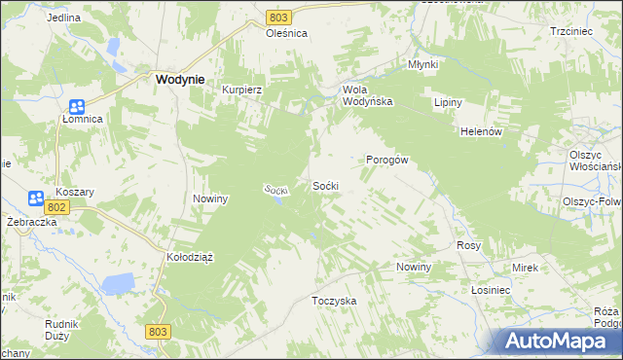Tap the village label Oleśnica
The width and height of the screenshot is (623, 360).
point(286,32)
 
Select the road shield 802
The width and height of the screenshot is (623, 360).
point(56,207)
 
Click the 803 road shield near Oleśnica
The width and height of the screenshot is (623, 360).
point(279,18)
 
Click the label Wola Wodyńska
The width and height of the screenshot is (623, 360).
point(367,94)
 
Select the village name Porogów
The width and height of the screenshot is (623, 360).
point(386,160)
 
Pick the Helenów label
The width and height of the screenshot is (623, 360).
point(480,131)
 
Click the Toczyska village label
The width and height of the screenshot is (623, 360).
point(334,301)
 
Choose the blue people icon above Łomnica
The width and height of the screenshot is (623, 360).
point(77,106)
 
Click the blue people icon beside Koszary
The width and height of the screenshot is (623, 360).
point(37,198)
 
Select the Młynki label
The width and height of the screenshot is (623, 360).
point(422,65)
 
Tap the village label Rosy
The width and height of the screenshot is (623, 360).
point(469,246)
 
